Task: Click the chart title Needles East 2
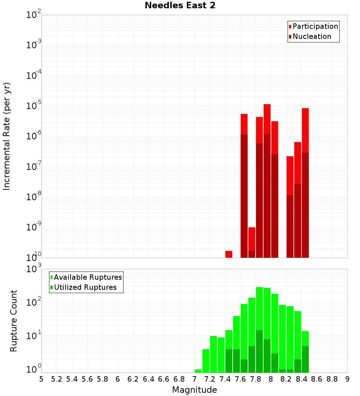(x=180, y=6)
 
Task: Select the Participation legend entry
(x=313, y=26)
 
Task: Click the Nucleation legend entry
(x=310, y=36)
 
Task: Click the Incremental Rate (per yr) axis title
(x=7, y=136)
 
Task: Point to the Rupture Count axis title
(x=14, y=320)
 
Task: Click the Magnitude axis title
(x=194, y=390)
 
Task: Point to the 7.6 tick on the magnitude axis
(x=240, y=379)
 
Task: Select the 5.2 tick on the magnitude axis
(x=57, y=379)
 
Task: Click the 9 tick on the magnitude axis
(x=347, y=379)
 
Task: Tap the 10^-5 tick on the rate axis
(x=33, y=106)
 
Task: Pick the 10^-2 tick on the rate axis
(x=33, y=15)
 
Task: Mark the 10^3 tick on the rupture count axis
(x=33, y=269)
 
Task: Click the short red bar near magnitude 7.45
(x=229, y=254)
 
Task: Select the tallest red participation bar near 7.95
(x=267, y=119)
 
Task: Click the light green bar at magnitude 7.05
(x=198, y=371)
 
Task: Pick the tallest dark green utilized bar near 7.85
(x=259, y=351)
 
